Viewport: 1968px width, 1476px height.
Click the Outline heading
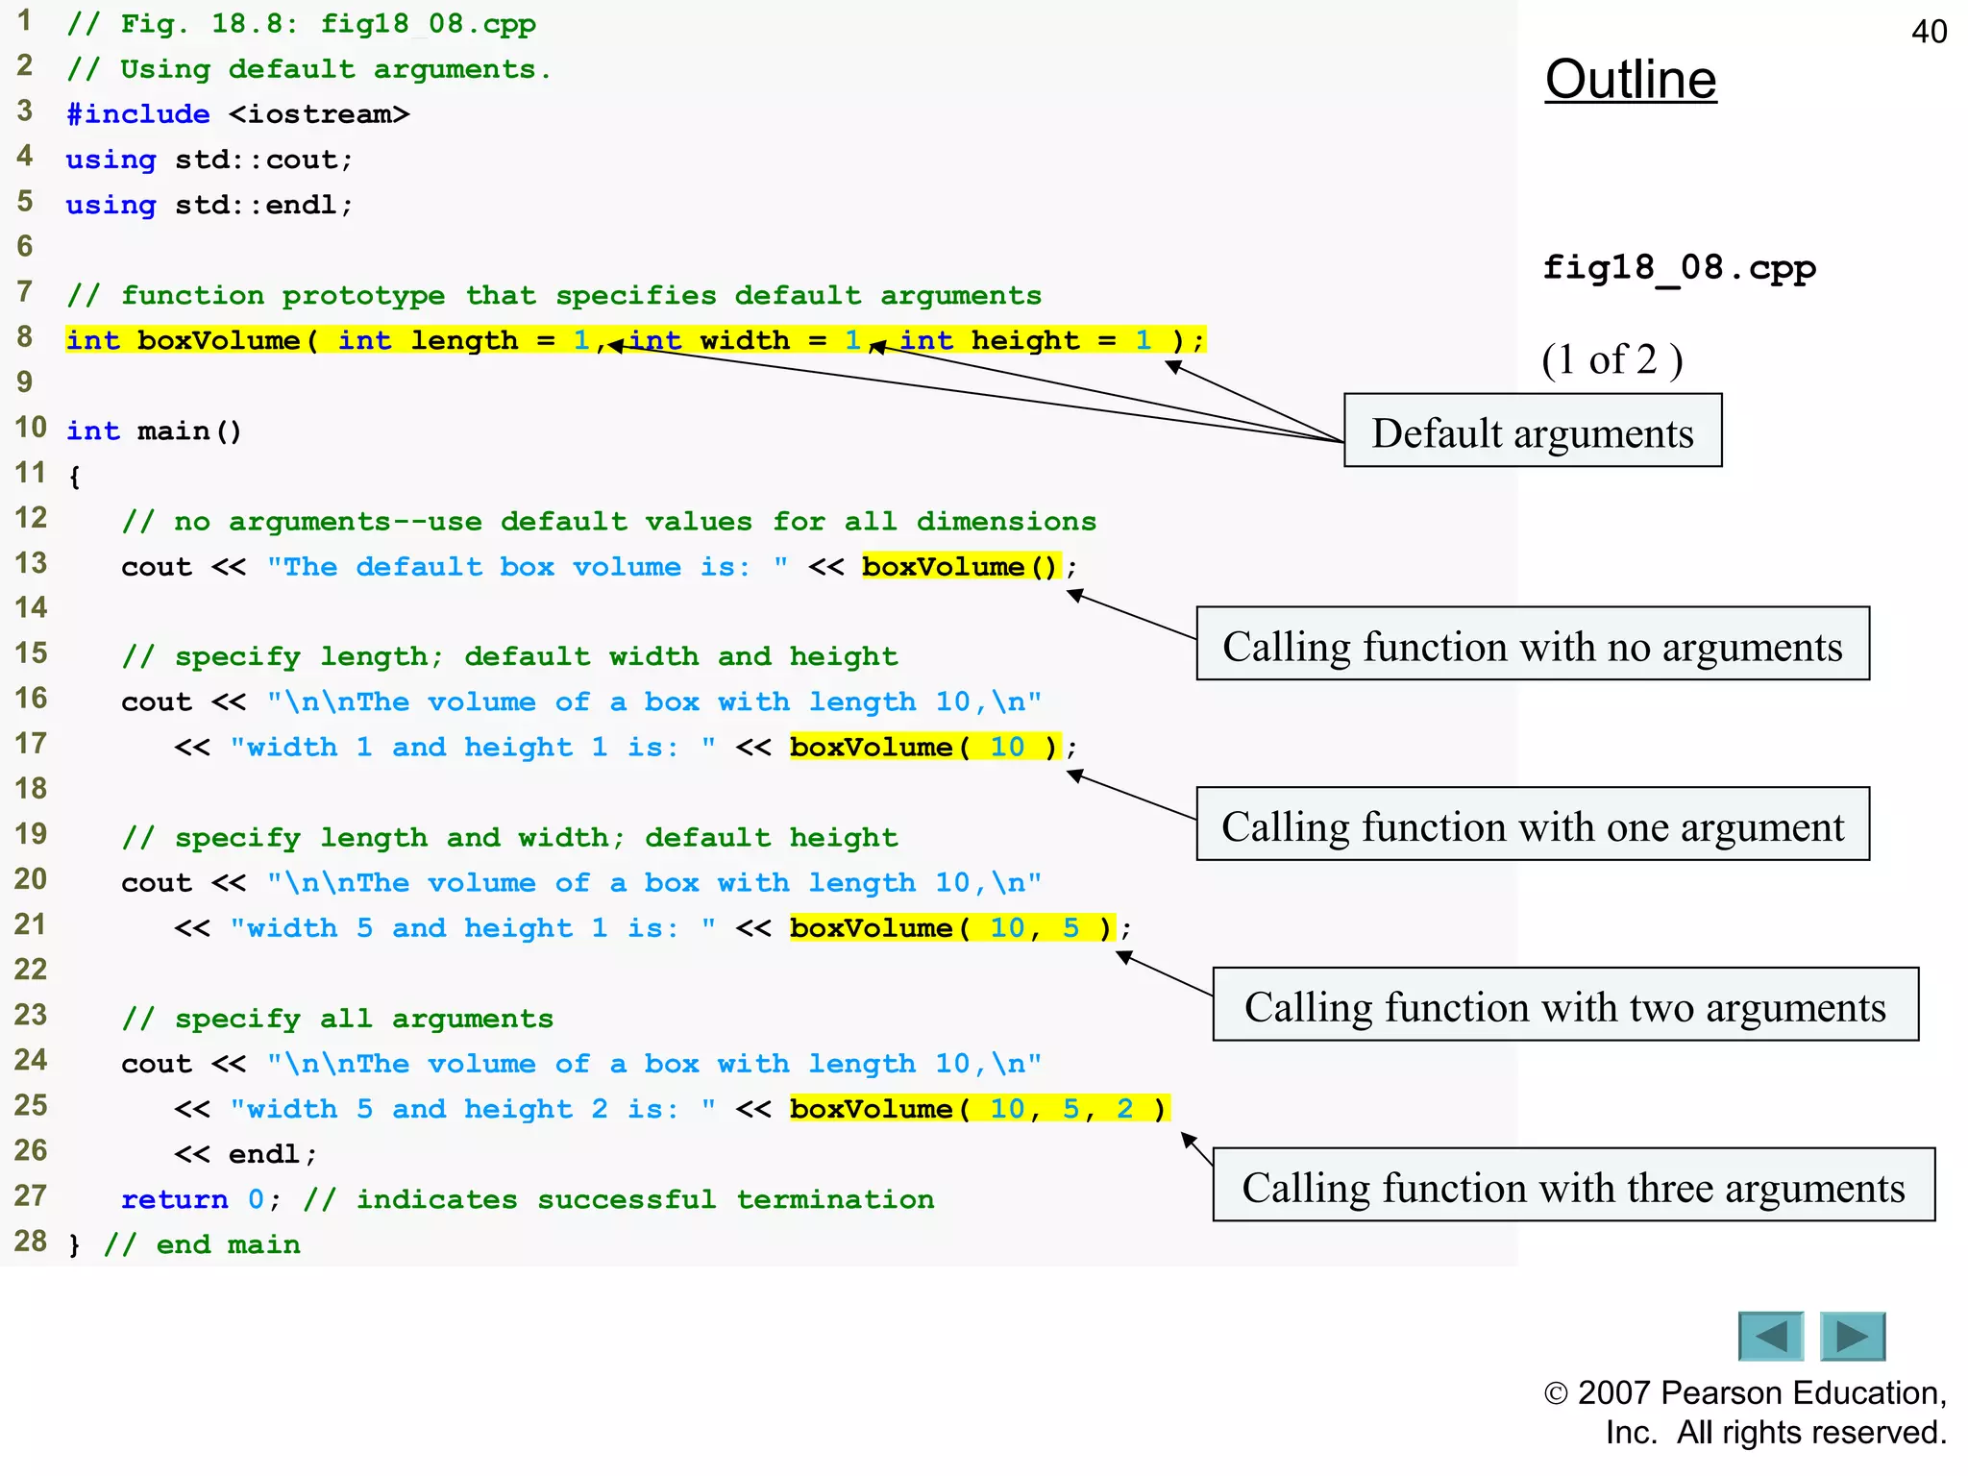click(1630, 80)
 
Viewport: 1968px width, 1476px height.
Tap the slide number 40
click(1929, 32)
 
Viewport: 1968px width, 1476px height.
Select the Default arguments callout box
click(1532, 431)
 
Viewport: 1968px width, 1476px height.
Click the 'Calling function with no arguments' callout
click(1532, 645)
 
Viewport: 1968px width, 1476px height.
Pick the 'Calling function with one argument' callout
click(1532, 825)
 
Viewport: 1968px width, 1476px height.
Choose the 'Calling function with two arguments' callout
click(1564, 1005)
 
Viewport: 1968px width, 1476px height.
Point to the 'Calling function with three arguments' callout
click(1573, 1186)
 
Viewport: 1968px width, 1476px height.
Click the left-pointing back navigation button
click(1770, 1336)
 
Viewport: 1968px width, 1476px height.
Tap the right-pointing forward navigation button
click(1853, 1336)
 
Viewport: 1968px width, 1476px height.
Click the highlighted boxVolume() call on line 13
click(959, 567)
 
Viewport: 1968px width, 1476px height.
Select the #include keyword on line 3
click(137, 114)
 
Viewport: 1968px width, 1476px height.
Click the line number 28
click(30, 1241)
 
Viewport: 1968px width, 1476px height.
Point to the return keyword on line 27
click(174, 1199)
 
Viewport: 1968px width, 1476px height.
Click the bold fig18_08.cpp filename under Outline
click(1678, 268)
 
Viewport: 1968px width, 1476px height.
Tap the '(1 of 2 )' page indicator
click(1611, 359)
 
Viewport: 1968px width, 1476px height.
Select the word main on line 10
click(173, 430)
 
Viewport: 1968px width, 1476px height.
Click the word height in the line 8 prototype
click(1024, 340)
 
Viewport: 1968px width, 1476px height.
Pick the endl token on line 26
click(263, 1154)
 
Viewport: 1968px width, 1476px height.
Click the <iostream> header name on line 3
click(319, 114)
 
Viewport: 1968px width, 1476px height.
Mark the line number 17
click(30, 743)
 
